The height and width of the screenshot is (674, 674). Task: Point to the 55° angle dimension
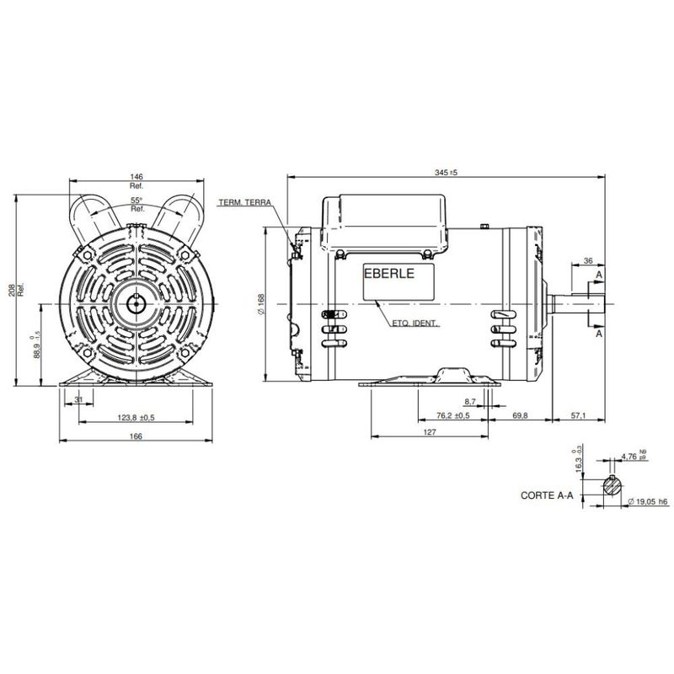(x=136, y=201)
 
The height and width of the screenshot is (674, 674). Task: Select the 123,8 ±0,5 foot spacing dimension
(x=135, y=418)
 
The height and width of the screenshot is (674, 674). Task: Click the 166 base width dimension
(x=136, y=436)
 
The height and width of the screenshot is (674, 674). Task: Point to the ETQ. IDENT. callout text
(x=416, y=324)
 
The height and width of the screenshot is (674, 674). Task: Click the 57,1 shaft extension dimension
(x=579, y=416)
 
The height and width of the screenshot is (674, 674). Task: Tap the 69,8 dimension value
(x=521, y=416)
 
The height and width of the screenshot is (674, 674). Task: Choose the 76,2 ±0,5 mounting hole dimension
(x=455, y=416)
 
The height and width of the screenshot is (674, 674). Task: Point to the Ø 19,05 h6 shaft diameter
(x=649, y=501)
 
